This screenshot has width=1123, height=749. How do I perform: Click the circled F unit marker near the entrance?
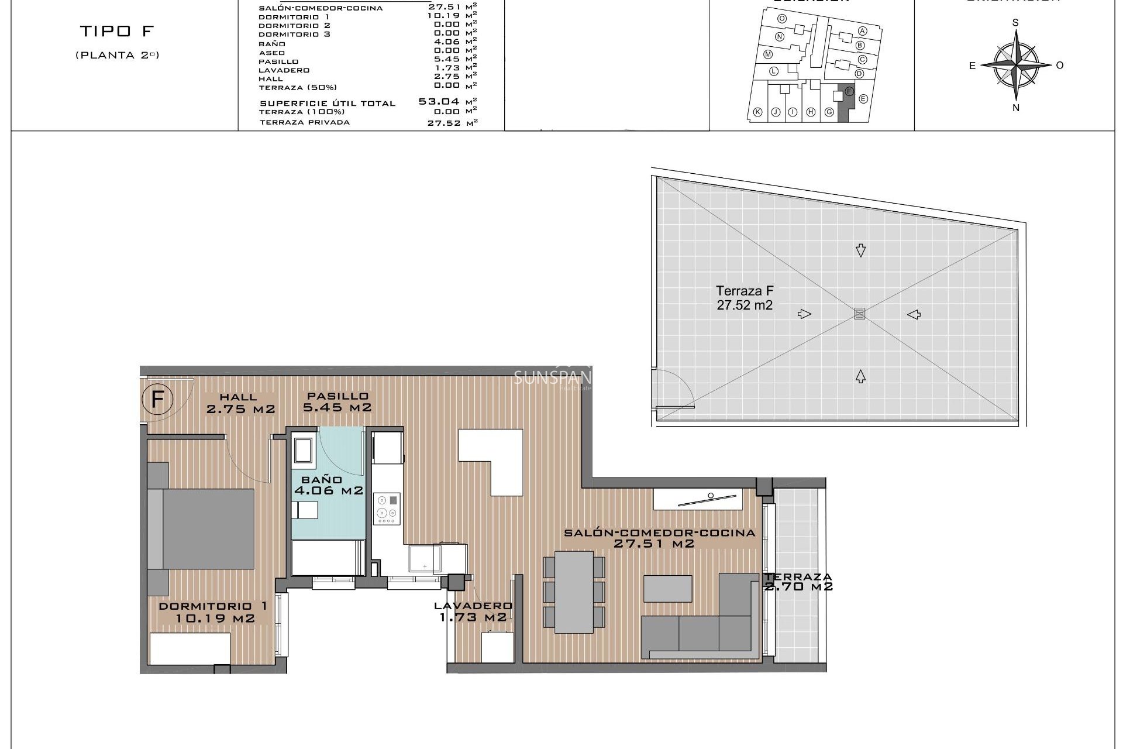(157, 400)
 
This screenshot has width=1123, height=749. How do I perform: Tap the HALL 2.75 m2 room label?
(240, 403)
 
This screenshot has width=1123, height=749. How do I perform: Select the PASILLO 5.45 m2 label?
(337, 402)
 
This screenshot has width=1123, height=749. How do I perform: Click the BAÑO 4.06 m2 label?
(328, 486)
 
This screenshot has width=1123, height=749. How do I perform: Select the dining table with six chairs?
(574, 592)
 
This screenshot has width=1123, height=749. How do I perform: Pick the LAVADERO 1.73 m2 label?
(473, 611)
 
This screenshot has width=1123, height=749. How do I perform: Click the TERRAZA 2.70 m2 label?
(798, 582)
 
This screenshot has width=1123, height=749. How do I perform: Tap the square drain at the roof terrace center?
(859, 314)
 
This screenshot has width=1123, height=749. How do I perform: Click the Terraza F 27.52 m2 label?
(745, 298)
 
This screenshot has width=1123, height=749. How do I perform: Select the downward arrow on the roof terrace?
(860, 250)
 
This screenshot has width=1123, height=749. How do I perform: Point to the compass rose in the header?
(1016, 65)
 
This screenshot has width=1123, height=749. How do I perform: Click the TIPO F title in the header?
(116, 32)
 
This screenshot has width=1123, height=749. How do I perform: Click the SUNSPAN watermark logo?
(552, 379)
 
